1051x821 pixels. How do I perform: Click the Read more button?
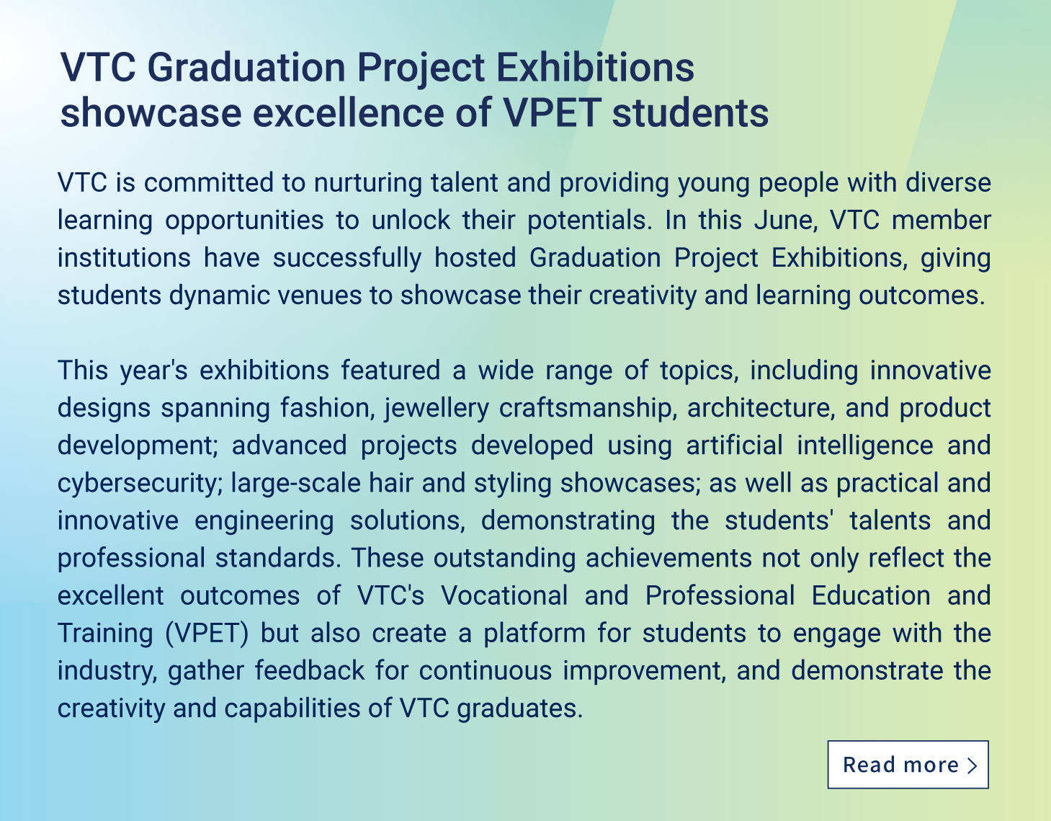coord(908,764)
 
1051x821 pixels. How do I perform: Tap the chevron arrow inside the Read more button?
coord(972,765)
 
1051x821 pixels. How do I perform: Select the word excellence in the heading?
coord(348,113)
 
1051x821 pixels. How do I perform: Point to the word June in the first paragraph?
coord(785,220)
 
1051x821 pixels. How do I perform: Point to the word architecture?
coord(761,408)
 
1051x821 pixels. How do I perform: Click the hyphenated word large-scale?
coord(295,484)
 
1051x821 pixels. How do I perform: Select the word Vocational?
coord(504,595)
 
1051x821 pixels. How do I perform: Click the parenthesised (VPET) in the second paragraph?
coord(207,634)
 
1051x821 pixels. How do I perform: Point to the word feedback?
coord(310,670)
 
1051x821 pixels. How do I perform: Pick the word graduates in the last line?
coord(520,709)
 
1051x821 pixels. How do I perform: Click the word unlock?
coord(411,221)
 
